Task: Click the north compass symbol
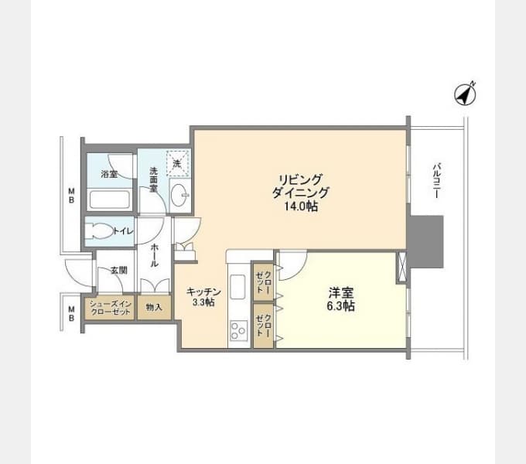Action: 465,94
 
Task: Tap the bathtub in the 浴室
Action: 109,200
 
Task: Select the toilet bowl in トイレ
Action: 98,231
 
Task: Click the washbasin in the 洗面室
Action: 179,195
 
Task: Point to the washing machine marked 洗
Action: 178,163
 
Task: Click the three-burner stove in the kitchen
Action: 238,330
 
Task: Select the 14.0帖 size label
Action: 301,206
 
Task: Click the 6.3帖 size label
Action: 341,305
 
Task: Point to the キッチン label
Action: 203,292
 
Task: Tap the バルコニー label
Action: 436,180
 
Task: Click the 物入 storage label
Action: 154,307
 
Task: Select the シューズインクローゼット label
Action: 111,308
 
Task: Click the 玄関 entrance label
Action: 119,270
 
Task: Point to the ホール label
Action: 154,255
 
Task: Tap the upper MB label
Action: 71,196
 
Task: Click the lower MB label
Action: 71,313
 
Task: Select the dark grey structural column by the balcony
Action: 425,241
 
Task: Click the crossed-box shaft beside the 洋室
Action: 401,266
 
